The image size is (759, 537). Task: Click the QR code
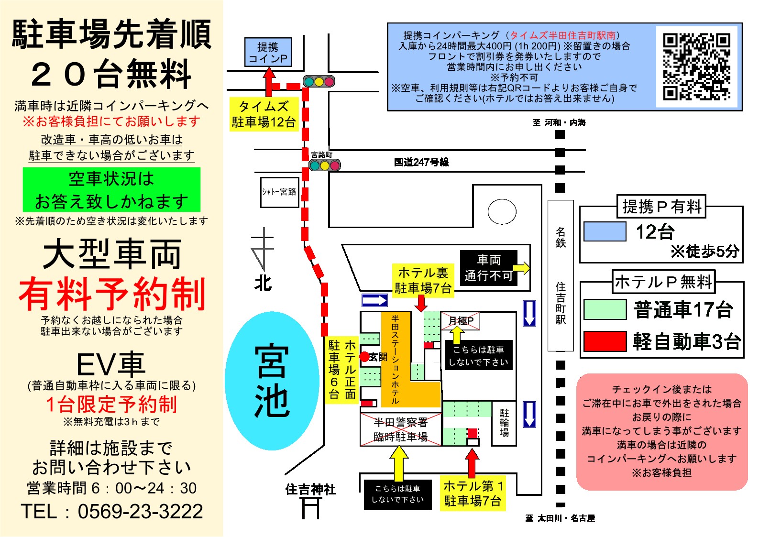pos(696,66)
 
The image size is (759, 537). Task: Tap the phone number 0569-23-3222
pos(140,512)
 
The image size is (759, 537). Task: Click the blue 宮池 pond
pos(272,381)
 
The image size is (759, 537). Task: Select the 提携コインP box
pos(268,52)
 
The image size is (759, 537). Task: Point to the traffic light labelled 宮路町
pos(325,165)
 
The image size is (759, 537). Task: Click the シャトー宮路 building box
pos(279,192)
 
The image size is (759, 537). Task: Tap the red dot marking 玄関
pos(364,357)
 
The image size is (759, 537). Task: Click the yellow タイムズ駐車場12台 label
pos(264,114)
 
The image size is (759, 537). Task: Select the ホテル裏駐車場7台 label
pos(423,280)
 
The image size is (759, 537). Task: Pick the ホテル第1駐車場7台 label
pos(473,493)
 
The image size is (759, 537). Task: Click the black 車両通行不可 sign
pos(488,268)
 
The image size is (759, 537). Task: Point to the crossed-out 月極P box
pos(461,321)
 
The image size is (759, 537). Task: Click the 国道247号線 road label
pos(421,162)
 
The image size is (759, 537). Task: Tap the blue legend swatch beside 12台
pos(605,232)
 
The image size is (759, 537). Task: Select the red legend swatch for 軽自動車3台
pos(605,341)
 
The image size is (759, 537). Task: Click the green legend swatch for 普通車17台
pos(605,309)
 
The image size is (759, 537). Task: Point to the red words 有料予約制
pos(112,294)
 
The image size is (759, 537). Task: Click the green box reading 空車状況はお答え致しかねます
pos(111,190)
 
